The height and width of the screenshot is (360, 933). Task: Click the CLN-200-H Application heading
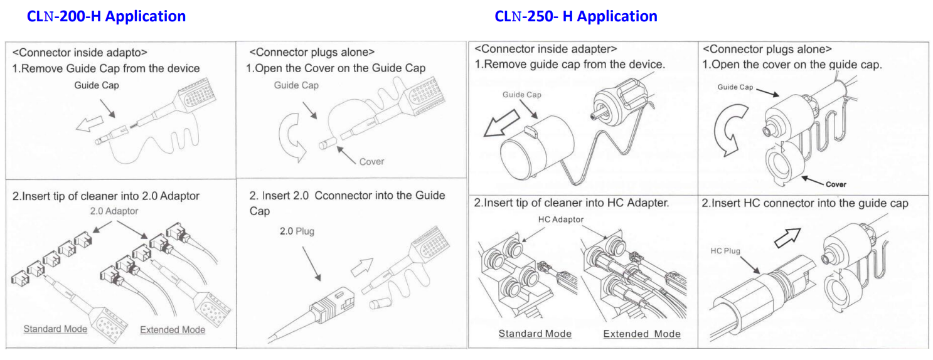click(106, 16)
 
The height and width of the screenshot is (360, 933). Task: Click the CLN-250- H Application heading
click(576, 16)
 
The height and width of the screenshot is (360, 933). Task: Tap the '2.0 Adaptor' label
click(114, 211)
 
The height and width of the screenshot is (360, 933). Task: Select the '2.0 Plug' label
click(297, 231)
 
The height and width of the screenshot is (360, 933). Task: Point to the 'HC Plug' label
click(725, 251)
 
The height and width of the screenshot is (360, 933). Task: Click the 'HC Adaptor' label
click(561, 220)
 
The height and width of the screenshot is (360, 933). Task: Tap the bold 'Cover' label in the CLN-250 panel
click(836, 184)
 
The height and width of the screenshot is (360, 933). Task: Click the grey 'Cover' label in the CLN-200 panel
click(371, 161)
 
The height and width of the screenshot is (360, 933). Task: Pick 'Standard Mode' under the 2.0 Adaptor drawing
click(55, 329)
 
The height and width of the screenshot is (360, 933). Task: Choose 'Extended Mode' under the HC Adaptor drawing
click(642, 334)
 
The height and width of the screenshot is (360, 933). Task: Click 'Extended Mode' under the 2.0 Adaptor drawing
click(173, 330)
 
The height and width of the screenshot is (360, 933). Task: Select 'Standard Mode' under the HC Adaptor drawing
click(535, 334)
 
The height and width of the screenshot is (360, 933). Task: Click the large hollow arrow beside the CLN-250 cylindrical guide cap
click(501, 123)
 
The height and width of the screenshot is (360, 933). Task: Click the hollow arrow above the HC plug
click(787, 238)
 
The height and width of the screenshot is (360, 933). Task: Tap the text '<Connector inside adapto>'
click(80, 53)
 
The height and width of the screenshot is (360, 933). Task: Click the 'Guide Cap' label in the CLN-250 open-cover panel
click(735, 87)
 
